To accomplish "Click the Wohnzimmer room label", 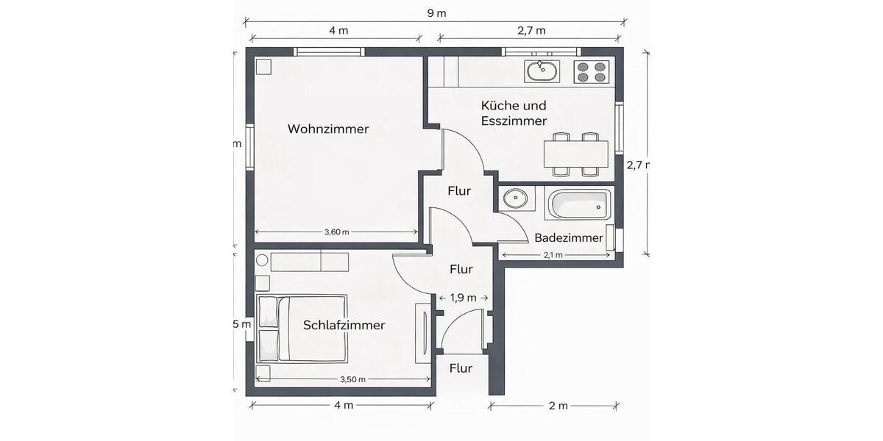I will coord(327,129).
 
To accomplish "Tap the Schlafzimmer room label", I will coord(344,325).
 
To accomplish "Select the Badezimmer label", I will coord(569,238).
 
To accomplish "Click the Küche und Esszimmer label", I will coord(514,113).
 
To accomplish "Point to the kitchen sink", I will coord(542,71).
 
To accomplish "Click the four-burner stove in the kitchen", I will coord(592,71).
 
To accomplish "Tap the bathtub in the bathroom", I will coord(578,204).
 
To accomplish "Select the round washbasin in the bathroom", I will coord(514,198).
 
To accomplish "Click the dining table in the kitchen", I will coord(575,154).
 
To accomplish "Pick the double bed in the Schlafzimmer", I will coord(302,328).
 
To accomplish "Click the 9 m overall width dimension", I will coord(437,13).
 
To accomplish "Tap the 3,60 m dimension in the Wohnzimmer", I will coord(336,232).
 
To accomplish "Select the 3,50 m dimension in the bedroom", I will coord(352,379).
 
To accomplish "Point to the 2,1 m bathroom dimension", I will coord(553,255).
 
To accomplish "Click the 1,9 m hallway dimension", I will coord(463,298).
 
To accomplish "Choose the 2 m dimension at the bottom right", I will coord(558,406).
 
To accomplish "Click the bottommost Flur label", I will coord(460,368).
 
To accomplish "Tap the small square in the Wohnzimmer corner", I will coord(263,67).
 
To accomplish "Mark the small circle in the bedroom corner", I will coord(261,259).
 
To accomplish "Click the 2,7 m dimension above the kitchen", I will coord(530,31).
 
